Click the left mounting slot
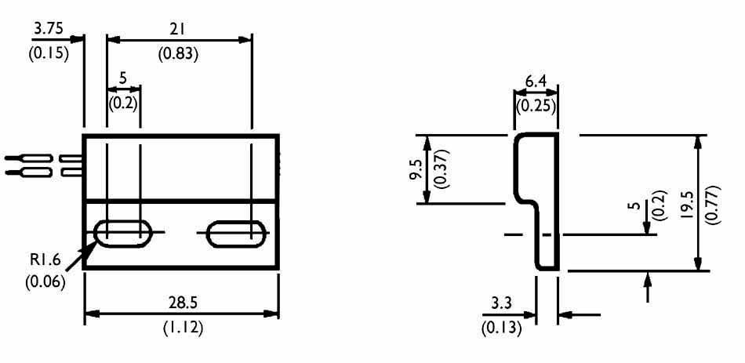click(x=124, y=233)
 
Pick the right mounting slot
click(x=235, y=233)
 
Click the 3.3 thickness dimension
click(x=503, y=303)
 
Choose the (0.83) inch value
click(x=178, y=55)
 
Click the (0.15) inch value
click(x=48, y=55)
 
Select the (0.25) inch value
click(x=535, y=106)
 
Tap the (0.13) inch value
click(x=501, y=328)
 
